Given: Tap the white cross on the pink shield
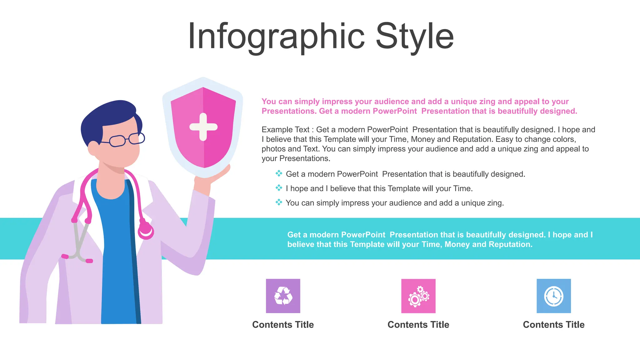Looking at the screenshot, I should click(203, 127).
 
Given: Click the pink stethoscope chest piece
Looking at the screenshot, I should click(146, 231).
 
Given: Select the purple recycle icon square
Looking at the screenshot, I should click(283, 296).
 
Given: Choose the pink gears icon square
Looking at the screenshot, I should click(418, 296).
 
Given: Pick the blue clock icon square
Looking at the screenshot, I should click(553, 296).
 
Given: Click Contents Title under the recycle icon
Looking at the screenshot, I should click(283, 325).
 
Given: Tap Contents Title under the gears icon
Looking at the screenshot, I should click(418, 325).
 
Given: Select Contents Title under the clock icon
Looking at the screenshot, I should click(553, 325).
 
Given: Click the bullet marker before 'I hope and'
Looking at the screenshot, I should click(279, 188).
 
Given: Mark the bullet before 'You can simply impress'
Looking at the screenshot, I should click(279, 202).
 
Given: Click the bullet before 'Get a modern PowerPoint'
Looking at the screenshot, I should click(279, 173).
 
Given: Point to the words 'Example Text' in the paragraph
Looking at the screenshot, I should click(285, 130).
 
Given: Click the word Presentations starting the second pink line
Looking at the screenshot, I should click(288, 111).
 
